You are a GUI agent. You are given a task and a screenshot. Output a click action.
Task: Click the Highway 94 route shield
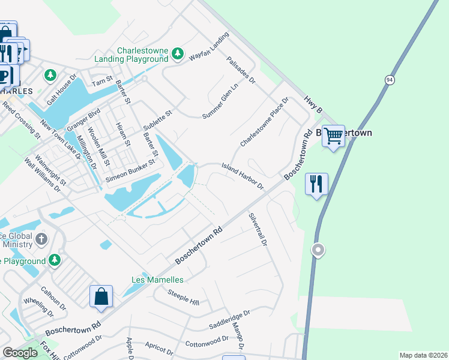[390, 80]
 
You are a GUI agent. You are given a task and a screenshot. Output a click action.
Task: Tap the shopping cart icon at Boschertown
[333, 136]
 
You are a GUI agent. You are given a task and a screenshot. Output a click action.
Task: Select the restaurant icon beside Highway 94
[316, 183]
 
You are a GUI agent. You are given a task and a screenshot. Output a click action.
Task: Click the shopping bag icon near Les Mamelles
[101, 296]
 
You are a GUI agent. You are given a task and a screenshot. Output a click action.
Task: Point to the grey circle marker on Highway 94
[318, 249]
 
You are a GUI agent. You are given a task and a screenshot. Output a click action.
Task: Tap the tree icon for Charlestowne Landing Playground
[177, 54]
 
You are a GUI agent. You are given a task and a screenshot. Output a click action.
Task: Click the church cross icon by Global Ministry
[41, 239]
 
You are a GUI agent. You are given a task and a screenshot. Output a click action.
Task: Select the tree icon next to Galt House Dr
[51, 76]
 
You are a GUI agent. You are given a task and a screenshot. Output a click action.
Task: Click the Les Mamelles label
[157, 280]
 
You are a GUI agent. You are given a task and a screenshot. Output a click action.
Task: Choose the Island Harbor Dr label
[243, 176]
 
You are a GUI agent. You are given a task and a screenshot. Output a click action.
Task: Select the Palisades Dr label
[241, 70]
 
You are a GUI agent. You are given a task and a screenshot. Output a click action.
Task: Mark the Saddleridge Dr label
[229, 320]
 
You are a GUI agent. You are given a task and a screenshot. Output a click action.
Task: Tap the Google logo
[20, 353]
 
